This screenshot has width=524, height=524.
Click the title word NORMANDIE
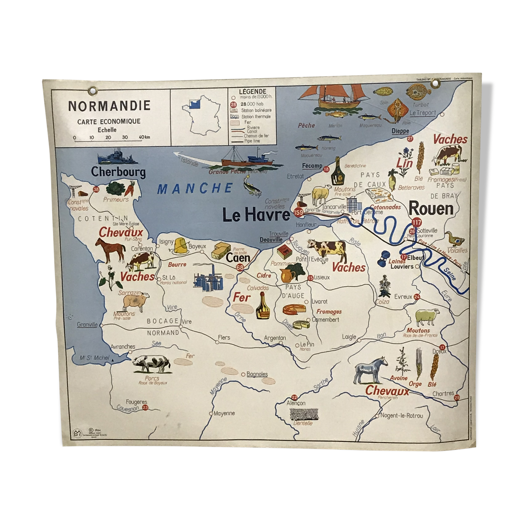coord(109,105)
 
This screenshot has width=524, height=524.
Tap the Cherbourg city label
coord(118,172)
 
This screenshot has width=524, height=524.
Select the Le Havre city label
coord(256,215)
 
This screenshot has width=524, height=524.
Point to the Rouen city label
coord(431,209)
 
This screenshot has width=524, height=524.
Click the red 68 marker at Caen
coord(240,268)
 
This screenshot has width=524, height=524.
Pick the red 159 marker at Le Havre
coord(298,213)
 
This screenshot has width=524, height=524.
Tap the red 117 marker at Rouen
coord(416,222)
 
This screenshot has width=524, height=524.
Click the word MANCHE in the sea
coord(195,188)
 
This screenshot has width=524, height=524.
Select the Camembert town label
coord(325,319)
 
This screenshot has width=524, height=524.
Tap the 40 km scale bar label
coord(145,137)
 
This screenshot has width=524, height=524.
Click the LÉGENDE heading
coord(252,92)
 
